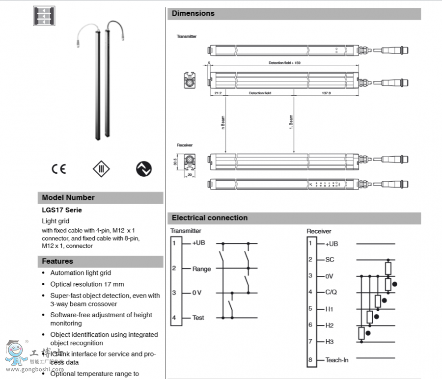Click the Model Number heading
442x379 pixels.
coord(68,197)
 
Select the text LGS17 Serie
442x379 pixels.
coord(62,210)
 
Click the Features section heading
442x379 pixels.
coord(57,261)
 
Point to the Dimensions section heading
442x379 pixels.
coord(193,13)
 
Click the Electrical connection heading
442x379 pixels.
coord(210,217)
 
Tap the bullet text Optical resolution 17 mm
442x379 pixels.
coord(87,284)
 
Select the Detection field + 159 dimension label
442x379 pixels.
coord(284,63)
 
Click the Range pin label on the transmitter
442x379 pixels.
coord(202,269)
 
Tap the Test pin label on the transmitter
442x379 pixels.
coord(198,318)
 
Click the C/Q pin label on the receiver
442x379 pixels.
coord(331,293)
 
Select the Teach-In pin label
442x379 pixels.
coord(337,360)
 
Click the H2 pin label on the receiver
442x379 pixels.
coord(329,325)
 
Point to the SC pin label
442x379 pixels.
coord(329,260)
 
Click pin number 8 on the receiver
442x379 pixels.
coord(310,359)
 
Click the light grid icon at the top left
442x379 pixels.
coord(42,16)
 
